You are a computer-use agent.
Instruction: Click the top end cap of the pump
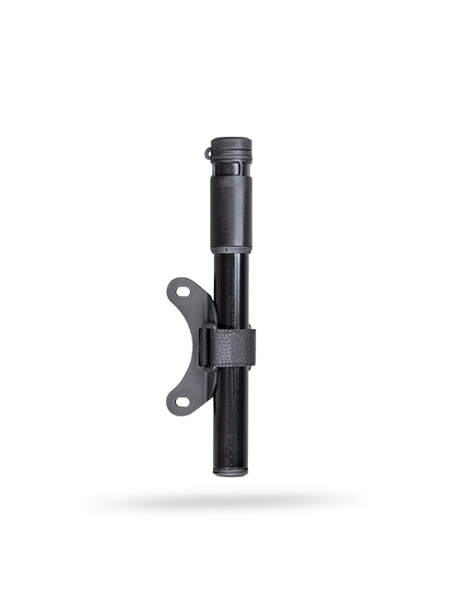tap(231, 143)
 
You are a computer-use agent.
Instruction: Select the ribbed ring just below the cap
tap(231, 164)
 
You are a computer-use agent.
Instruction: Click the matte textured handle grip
tap(231, 212)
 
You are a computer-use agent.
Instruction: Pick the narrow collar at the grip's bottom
tap(231, 251)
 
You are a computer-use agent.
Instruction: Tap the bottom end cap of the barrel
tap(231, 471)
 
